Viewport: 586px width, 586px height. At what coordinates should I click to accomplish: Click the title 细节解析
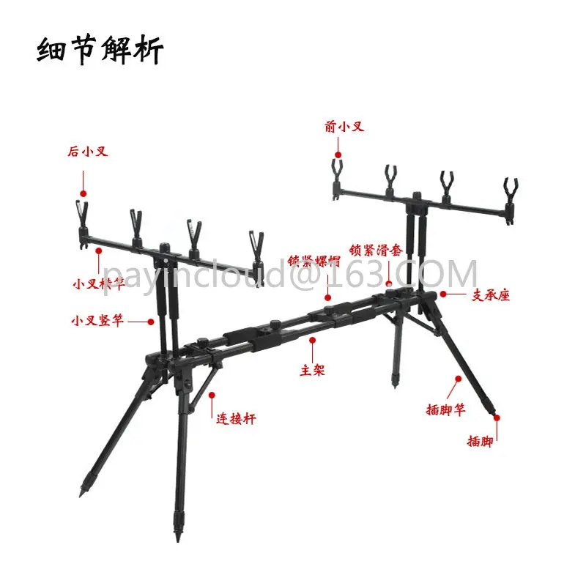101,51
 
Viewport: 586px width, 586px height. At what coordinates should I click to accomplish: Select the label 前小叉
344,127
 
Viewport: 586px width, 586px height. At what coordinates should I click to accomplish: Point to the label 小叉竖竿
97,320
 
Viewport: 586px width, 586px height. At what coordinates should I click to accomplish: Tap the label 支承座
489,295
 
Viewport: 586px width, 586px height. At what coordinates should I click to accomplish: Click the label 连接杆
236,419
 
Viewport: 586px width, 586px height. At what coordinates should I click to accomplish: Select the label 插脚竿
445,410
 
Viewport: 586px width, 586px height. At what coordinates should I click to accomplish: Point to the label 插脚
480,442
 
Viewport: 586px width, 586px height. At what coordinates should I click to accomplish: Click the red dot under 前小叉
338,155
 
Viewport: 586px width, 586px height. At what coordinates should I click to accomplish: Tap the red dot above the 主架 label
313,341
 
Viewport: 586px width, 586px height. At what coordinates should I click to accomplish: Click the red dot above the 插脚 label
496,418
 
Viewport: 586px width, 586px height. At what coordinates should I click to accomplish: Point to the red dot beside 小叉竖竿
152,320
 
